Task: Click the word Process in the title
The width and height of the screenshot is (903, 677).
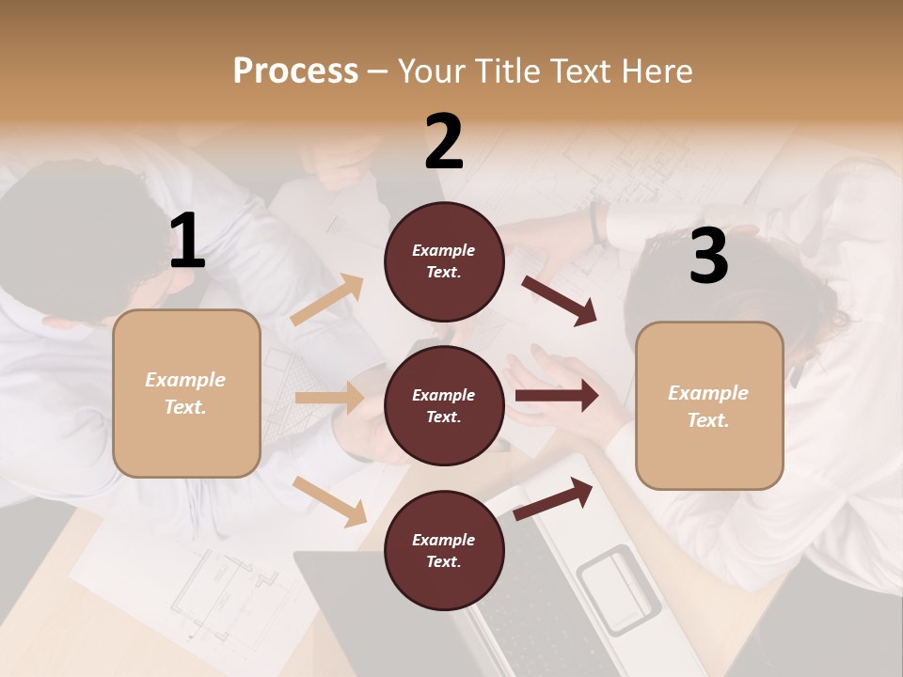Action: (295, 71)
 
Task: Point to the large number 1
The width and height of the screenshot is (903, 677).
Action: (187, 242)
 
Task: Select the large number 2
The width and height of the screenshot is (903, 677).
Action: (444, 142)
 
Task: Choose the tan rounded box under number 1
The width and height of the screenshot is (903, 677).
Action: (186, 393)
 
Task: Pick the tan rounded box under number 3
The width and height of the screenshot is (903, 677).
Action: (709, 406)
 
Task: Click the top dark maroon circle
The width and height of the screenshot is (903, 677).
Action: (444, 261)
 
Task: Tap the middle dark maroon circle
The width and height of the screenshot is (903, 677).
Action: (444, 406)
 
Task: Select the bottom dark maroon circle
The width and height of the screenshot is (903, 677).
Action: (444, 551)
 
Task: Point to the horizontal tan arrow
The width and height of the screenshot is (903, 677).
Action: (329, 398)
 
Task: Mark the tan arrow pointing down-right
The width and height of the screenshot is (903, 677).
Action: (330, 501)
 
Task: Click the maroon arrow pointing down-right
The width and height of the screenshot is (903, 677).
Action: (559, 300)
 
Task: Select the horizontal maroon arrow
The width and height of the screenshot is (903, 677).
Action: (556, 396)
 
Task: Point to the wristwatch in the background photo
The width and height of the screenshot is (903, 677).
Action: (596, 223)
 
